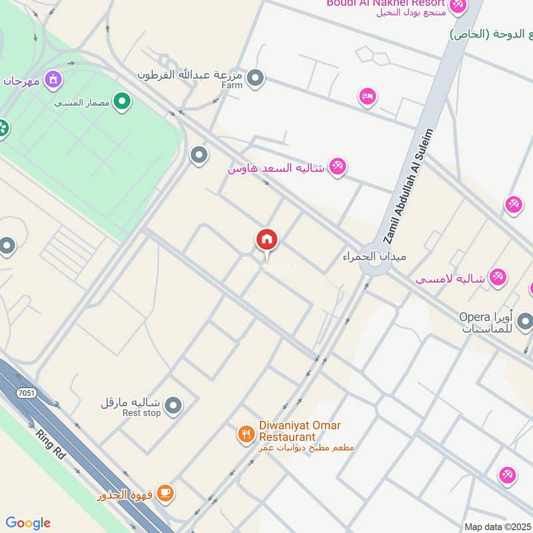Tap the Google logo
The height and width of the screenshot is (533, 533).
point(28,523)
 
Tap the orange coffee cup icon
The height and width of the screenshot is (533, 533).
point(165,494)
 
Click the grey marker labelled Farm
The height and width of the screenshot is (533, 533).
point(255,80)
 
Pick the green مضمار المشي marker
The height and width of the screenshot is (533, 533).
point(121,102)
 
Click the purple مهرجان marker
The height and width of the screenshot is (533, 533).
point(53,81)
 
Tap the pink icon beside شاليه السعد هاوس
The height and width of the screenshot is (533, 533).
point(338,167)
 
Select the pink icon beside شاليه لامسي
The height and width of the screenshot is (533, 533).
point(497,276)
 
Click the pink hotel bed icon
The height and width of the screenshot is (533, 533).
point(367,98)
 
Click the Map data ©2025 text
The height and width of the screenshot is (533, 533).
point(497,526)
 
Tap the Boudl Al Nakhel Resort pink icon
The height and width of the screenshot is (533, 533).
point(457,5)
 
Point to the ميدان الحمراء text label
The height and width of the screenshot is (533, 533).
point(374,256)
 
